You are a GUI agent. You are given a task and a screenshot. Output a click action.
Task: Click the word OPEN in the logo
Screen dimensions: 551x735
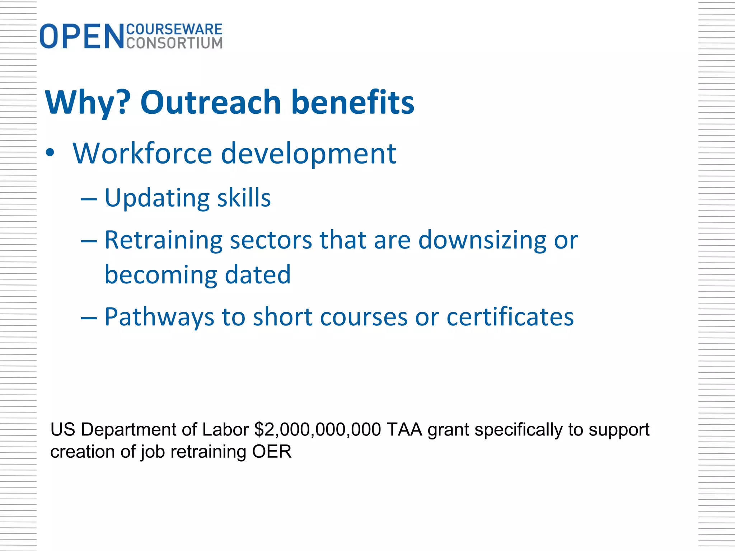coord(82,36)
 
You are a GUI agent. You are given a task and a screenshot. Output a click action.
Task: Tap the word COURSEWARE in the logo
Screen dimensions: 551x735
coord(174,29)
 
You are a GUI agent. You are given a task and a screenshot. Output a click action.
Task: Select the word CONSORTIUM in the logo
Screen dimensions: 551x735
coord(174,43)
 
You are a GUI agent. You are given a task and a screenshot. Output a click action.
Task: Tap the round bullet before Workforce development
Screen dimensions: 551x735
coord(50,153)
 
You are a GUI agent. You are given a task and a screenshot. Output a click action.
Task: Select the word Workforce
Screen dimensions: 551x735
coord(142,154)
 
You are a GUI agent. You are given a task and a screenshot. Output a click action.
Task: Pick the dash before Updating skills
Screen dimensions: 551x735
coord(89,198)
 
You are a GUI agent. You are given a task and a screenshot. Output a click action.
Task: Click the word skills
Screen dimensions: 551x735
coord(244,198)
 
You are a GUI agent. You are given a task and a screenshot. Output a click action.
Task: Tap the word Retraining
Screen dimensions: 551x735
coord(163,240)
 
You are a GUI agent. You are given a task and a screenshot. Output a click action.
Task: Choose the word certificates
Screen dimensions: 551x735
coord(510,317)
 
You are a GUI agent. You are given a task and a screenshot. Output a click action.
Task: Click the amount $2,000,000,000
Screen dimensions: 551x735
coord(318,430)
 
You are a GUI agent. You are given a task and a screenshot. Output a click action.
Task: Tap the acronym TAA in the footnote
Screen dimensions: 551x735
coord(404,430)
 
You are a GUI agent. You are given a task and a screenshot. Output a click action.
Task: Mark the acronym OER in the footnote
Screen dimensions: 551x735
coord(272,452)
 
